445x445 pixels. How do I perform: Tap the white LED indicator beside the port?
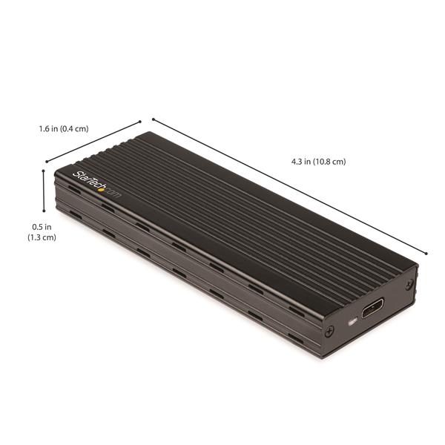352,321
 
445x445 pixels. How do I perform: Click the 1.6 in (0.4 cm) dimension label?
63,128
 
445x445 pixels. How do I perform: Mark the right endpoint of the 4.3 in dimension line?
427,253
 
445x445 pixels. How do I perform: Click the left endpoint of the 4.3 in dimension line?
153,119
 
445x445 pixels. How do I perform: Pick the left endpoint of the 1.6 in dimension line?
46,161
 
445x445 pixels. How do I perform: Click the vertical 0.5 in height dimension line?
44,192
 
